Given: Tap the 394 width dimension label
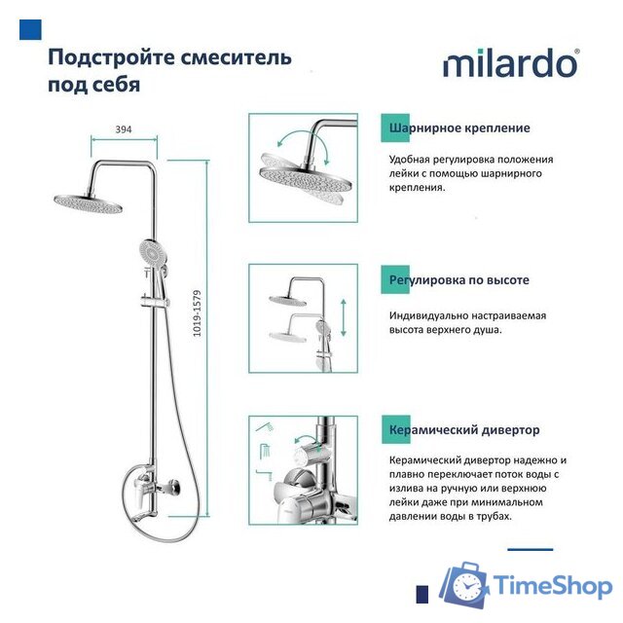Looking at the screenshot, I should (x=123, y=128).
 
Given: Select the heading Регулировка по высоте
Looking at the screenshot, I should (x=458, y=279).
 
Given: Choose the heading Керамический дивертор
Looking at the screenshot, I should (x=463, y=429).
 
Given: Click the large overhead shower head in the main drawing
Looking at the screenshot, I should (x=89, y=202).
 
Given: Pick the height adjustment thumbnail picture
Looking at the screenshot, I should (x=311, y=317).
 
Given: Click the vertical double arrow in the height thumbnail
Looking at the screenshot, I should (x=343, y=318).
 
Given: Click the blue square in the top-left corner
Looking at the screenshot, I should (x=30, y=28).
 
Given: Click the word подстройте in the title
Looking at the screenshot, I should (x=111, y=56).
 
